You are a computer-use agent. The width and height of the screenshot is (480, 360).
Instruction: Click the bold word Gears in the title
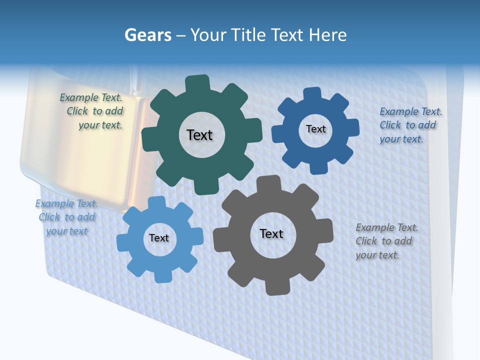coord(148,35)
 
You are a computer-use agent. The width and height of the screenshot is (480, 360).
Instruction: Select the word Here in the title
coord(327,35)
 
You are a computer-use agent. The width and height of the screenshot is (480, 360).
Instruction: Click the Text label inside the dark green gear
coord(199,135)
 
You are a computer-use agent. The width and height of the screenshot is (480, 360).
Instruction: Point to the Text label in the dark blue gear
coord(315,129)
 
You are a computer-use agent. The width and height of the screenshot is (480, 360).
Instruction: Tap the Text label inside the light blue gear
coord(159,238)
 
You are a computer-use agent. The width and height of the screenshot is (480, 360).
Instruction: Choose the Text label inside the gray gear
coord(271,234)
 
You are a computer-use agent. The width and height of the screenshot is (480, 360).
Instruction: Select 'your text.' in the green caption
coord(100,125)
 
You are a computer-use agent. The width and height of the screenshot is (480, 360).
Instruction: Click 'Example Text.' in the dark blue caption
coord(411,111)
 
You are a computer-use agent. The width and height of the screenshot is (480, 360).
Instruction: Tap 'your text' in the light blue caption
coord(67,231)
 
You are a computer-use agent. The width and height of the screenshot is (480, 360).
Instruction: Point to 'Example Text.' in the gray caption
coord(387,227)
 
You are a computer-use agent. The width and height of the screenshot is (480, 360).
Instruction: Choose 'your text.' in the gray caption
coord(377,255)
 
